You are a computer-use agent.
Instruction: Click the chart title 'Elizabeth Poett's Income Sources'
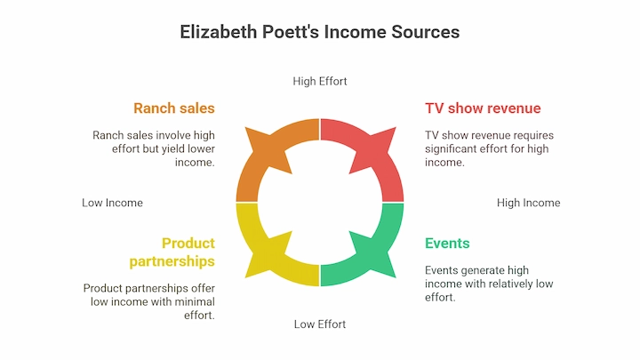tap(320, 32)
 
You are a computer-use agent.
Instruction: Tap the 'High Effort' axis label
tap(320, 81)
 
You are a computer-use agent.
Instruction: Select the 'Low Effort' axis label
tap(320, 324)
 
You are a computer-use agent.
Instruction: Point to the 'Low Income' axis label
tap(112, 203)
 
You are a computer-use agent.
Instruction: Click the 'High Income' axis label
tap(529, 203)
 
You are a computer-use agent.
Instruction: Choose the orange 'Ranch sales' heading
tap(174, 108)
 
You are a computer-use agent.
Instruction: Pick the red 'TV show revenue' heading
tap(483, 108)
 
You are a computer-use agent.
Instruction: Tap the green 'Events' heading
tap(447, 244)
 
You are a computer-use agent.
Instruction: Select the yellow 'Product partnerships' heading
tap(172, 252)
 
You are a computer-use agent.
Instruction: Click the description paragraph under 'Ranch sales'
tap(154, 148)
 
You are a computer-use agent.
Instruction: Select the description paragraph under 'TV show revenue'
tap(490, 148)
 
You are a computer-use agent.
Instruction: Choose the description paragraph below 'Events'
tap(489, 284)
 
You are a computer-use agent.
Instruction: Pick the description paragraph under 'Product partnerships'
tap(149, 301)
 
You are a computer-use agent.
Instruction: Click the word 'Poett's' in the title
tap(291, 32)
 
